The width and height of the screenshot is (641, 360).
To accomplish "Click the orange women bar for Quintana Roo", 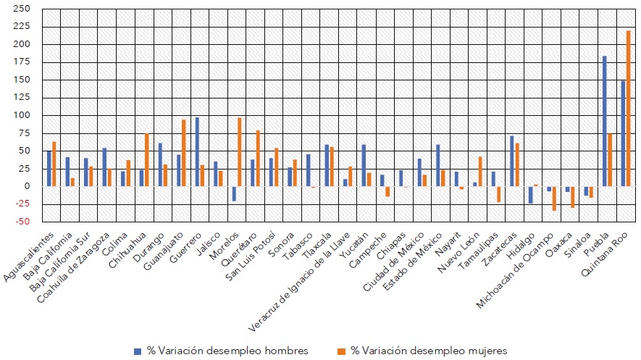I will coord(628,109).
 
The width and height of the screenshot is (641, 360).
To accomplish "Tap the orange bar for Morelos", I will coord(239,151).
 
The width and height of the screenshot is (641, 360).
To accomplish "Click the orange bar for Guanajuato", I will coord(183,153).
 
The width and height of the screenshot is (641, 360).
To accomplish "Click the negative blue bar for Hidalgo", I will coord(530,195).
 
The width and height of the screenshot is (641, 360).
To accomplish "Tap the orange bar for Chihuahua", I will coord(146,159).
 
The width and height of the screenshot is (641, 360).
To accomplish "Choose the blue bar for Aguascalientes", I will coord(49,169).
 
